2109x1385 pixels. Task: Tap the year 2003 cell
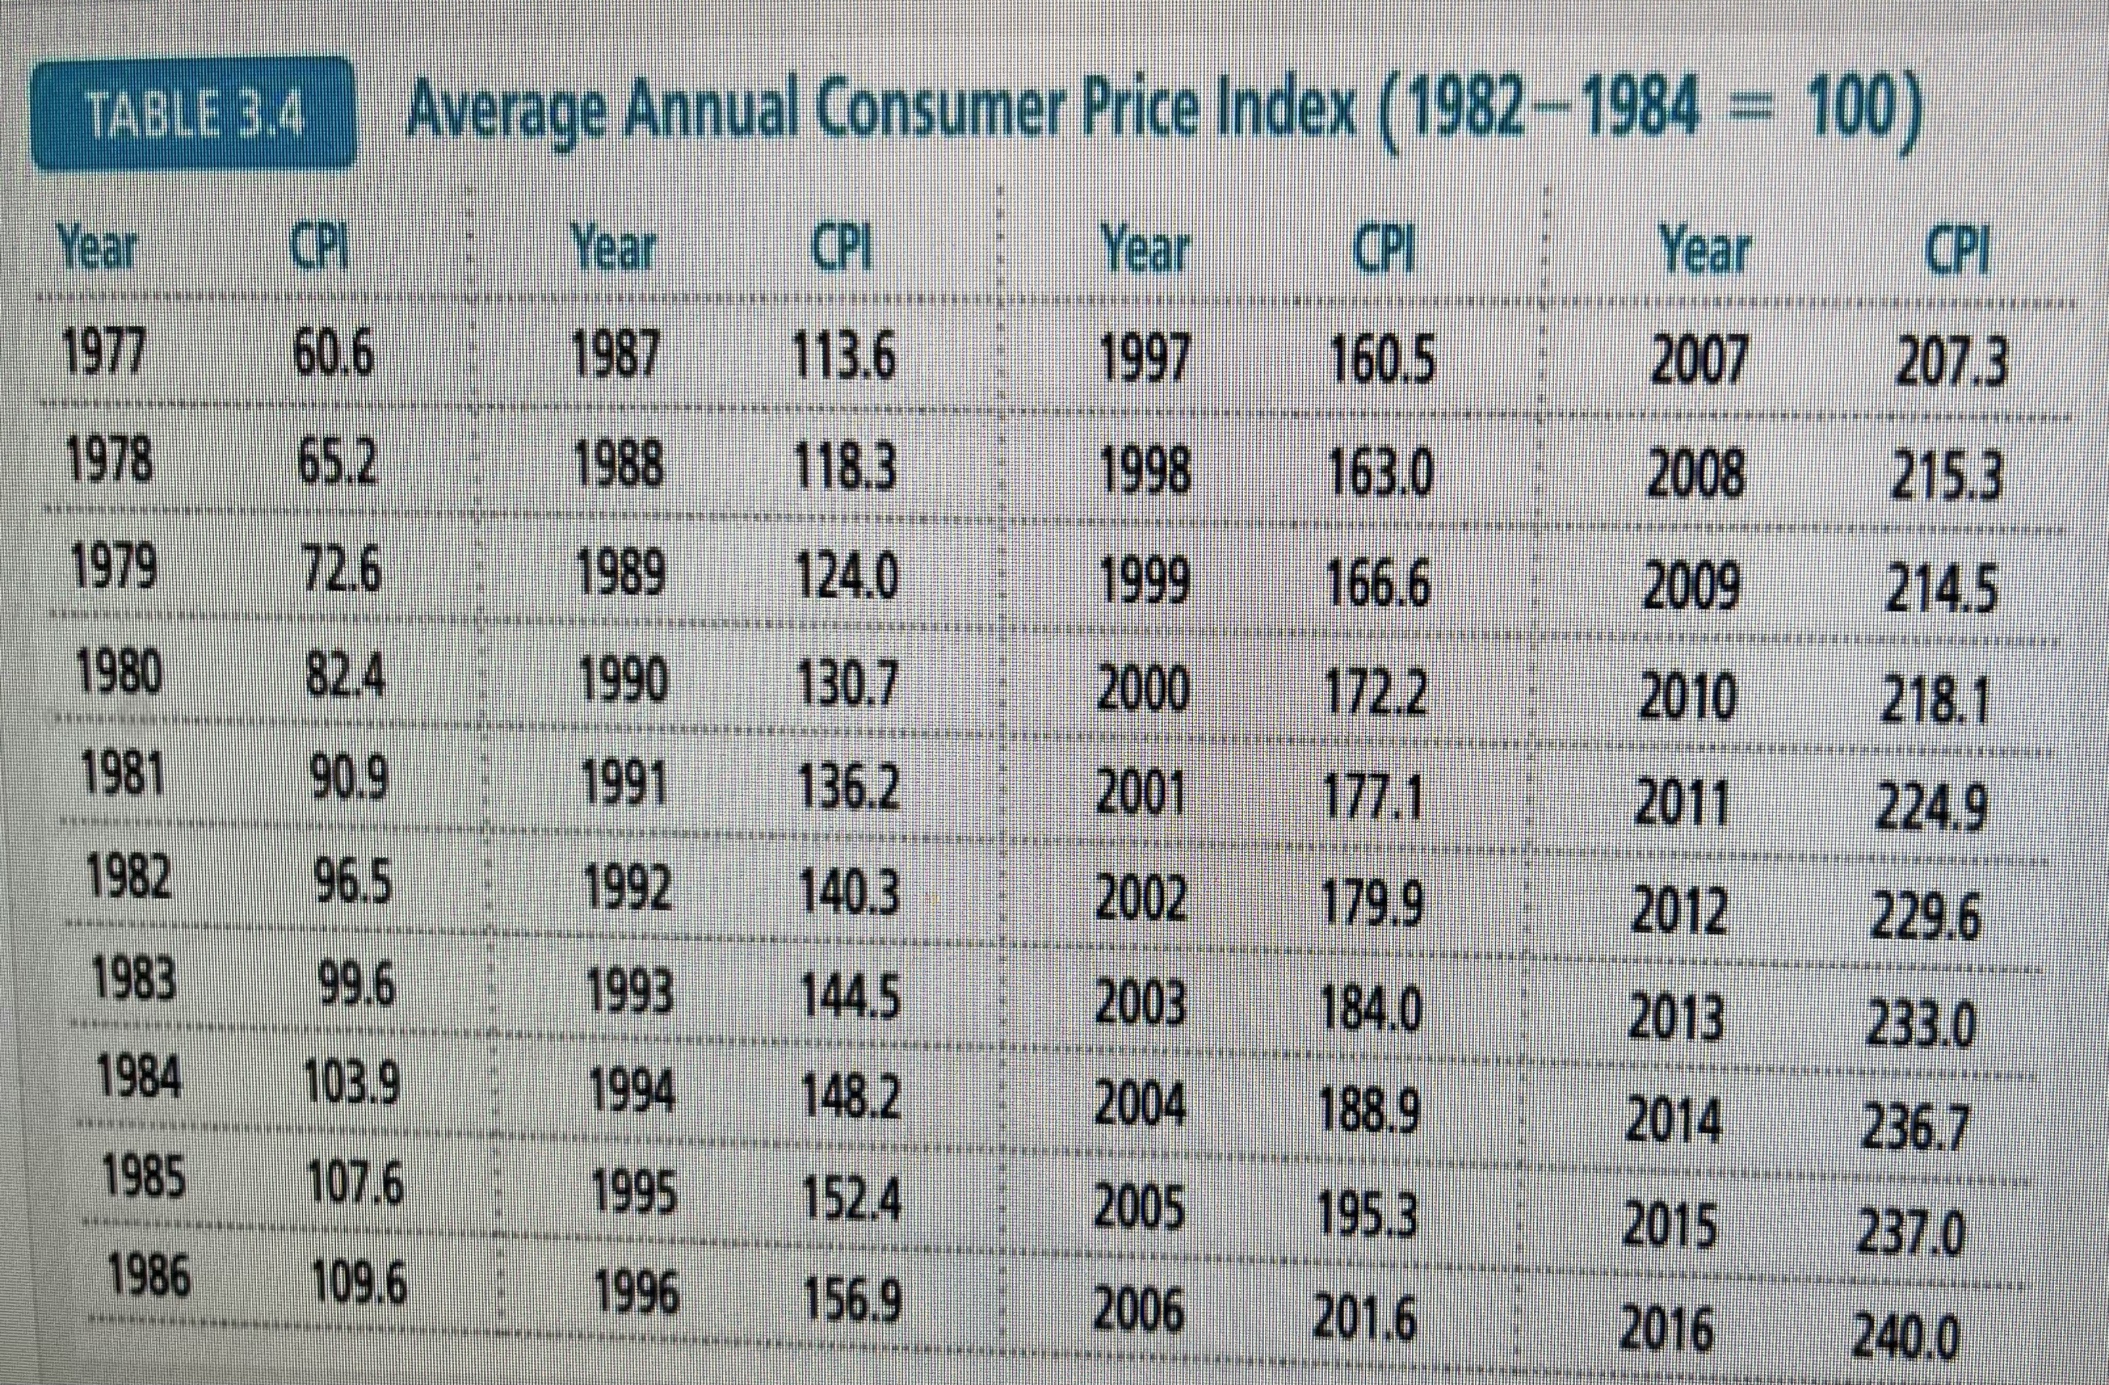point(1140,1005)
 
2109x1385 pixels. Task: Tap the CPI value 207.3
point(1949,364)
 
